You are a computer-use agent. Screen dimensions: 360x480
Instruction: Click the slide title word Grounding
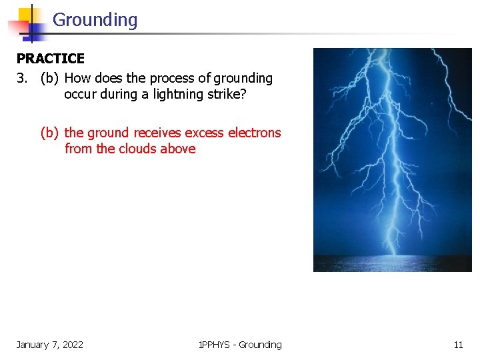point(95,20)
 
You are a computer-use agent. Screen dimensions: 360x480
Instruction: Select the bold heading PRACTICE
point(51,59)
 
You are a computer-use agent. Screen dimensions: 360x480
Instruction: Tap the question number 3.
point(23,79)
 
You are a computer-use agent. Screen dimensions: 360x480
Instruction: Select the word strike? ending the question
point(227,95)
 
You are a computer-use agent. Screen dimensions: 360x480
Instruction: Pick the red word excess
point(205,133)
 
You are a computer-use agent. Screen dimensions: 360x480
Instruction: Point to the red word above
point(178,149)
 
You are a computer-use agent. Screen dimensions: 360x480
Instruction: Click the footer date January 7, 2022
point(50,345)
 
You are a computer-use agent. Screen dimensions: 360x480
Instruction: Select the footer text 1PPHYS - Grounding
point(240,345)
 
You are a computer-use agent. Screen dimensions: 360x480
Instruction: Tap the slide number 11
point(458,345)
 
